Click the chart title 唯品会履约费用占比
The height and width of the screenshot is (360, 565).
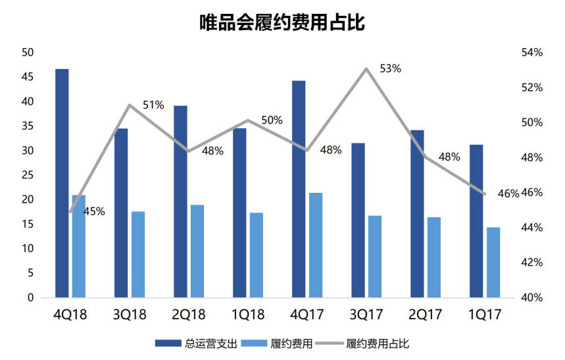[x=282, y=22]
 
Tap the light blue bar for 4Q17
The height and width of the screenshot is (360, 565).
[x=316, y=245]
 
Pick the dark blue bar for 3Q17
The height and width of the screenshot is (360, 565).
[x=358, y=220]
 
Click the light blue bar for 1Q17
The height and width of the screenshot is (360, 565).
[x=493, y=262]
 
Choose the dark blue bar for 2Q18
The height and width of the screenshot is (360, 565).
[x=180, y=201]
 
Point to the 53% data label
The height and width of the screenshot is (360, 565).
[x=390, y=68]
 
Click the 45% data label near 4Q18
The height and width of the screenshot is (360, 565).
[x=94, y=211]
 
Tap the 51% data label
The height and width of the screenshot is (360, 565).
[x=153, y=105]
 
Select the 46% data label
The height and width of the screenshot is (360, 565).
[x=508, y=193]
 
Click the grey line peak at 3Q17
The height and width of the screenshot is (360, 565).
[x=366, y=68]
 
